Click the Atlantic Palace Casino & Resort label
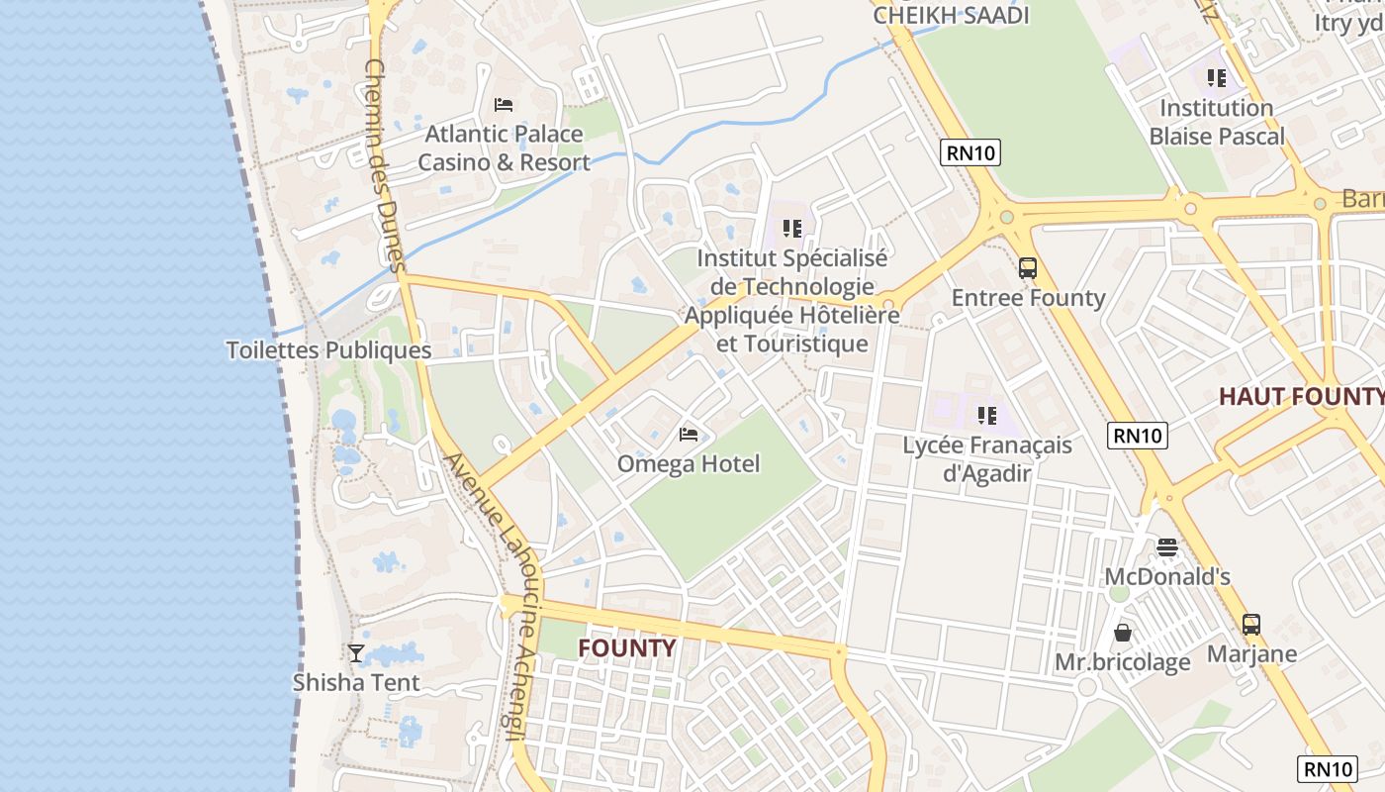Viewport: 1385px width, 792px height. [x=504, y=148]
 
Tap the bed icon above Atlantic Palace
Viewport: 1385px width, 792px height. [x=504, y=104]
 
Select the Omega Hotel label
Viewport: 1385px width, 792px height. [x=689, y=463]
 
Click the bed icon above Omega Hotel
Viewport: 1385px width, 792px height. [x=689, y=434]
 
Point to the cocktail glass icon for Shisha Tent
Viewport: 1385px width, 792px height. [x=356, y=652]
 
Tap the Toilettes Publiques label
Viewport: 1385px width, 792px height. [x=328, y=350]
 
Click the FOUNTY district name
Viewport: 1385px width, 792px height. [x=627, y=648]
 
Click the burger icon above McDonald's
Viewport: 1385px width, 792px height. [x=1167, y=547]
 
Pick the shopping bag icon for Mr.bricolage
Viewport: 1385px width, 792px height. [x=1123, y=632]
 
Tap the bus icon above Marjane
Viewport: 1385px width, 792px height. [x=1251, y=624]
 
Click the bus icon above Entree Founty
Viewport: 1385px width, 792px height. [x=1028, y=267]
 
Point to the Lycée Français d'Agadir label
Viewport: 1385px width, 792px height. [x=987, y=458]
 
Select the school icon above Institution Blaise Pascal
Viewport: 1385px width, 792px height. [x=1217, y=77]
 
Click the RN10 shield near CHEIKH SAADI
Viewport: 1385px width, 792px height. [x=969, y=151]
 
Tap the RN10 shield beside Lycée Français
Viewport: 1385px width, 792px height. [x=1138, y=435]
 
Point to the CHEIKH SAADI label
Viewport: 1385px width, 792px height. [x=951, y=15]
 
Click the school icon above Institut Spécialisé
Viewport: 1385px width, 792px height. [x=791, y=229]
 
